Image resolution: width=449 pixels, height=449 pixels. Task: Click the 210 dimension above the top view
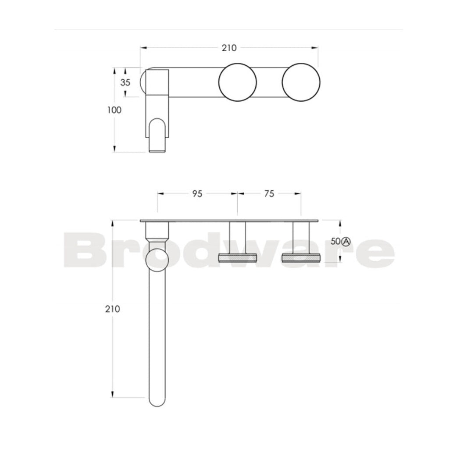[x=229, y=48]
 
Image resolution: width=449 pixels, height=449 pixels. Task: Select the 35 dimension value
[x=125, y=82]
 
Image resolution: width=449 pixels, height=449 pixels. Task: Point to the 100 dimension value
[x=114, y=110]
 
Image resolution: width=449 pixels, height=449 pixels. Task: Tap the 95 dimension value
[x=197, y=194]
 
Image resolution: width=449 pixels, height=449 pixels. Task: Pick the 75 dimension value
[x=269, y=194]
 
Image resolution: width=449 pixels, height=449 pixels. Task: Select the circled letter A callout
[x=346, y=242]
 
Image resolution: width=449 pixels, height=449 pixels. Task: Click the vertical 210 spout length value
[x=113, y=309]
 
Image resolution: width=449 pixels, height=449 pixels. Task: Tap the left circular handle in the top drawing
[x=237, y=82]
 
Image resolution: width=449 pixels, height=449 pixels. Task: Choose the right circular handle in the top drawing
[x=301, y=82]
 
